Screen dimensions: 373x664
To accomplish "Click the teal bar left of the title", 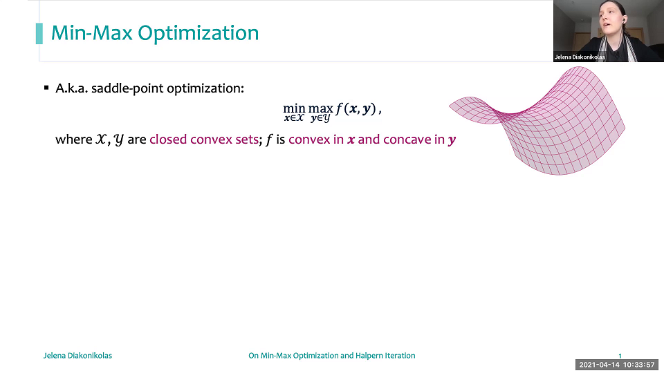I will (39, 33).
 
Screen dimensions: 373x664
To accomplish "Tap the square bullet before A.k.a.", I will (46, 88).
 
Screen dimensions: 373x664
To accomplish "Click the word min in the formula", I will (294, 108).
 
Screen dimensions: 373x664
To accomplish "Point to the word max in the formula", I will (320, 108).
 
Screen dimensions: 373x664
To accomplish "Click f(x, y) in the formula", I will (356, 108).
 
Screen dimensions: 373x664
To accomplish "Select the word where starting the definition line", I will (73, 140).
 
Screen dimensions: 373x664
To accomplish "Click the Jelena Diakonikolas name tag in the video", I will (580, 57).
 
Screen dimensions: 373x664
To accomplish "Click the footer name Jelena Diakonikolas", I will (77, 356).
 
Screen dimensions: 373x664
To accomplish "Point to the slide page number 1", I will (620, 356).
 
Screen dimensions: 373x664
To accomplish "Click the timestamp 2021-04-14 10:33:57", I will (618, 365).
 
